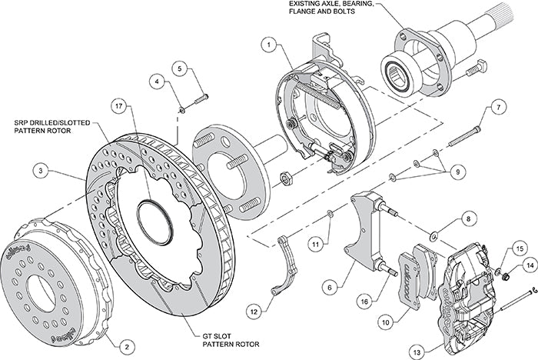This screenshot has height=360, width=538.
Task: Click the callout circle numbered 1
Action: tap(268, 45)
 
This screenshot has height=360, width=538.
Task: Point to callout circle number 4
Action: tap(156, 80)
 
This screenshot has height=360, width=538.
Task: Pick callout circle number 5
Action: tap(181, 68)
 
